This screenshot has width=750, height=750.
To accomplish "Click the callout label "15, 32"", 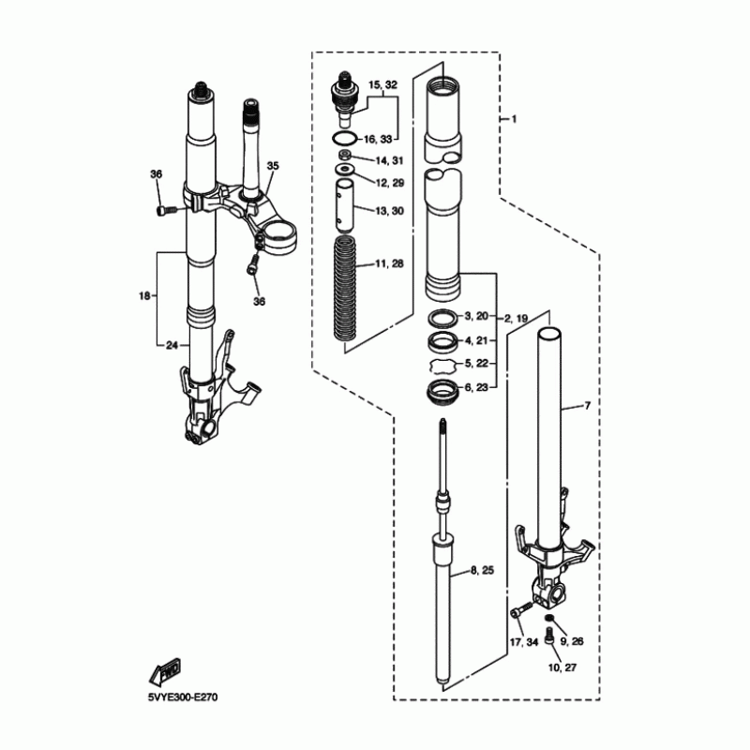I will point(383,85).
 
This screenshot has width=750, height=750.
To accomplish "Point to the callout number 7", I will point(587,406).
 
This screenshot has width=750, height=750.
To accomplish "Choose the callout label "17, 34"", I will point(523,641).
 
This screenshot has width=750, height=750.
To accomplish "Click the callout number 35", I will point(273,166).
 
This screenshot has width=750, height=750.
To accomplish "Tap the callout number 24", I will point(172,345).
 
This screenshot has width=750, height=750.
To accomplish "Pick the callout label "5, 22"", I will point(480,363).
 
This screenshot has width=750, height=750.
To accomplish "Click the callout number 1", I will point(514,119).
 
